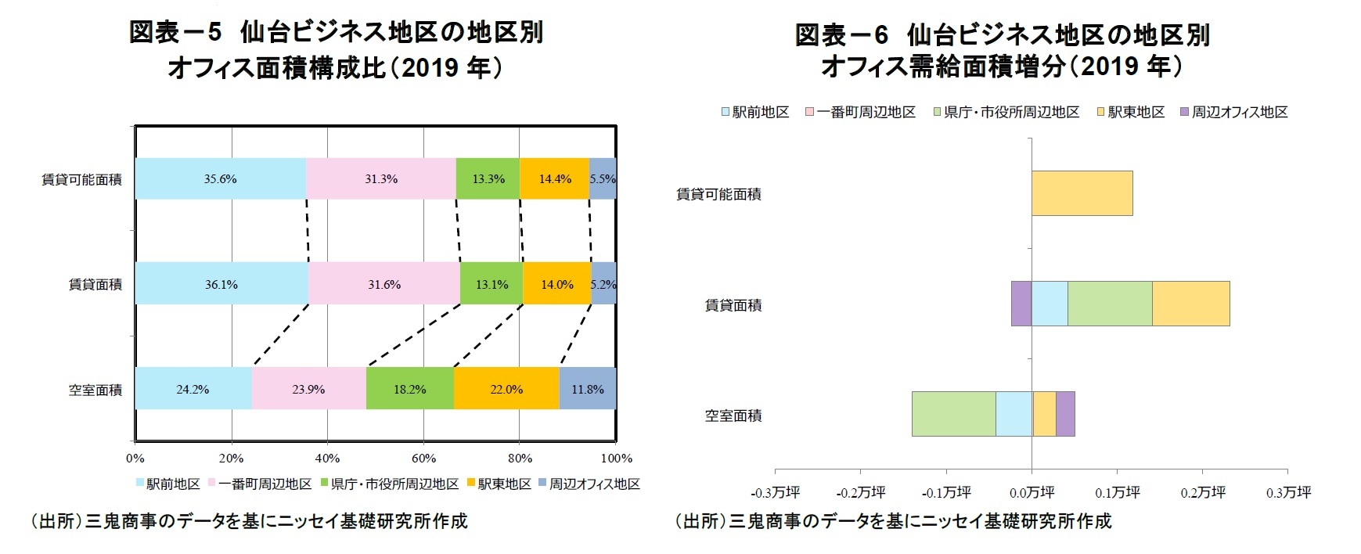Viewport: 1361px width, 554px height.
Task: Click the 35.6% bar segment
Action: pyautogui.click(x=220, y=178)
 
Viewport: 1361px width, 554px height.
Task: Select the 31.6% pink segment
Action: pyautogui.click(x=384, y=284)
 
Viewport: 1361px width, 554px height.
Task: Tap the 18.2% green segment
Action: pyautogui.click(x=409, y=389)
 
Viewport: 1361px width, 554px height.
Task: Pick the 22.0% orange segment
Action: pyautogui.click(x=506, y=389)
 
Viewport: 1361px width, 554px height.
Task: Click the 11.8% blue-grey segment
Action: pyautogui.click(x=588, y=389)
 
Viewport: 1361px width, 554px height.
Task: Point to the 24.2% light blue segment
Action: pyautogui.click(x=193, y=389)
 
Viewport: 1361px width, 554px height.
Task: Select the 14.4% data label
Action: pyautogui.click(x=555, y=179)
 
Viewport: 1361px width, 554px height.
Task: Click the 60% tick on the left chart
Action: pyautogui.click(x=423, y=459)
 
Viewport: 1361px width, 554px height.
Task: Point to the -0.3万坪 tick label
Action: pyautogui.click(x=776, y=493)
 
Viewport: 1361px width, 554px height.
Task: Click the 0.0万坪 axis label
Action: pyautogui.click(x=1032, y=493)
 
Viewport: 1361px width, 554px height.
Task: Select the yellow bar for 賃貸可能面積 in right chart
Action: pyautogui.click(x=1082, y=193)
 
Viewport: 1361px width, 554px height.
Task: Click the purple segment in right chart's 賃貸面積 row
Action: pyautogui.click(x=1021, y=304)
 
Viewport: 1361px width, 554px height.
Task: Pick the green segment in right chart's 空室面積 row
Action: pyautogui.click(x=953, y=414)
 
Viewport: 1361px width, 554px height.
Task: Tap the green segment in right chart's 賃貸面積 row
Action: pyautogui.click(x=1110, y=304)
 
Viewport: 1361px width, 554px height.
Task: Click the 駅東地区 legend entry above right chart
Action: pyautogui.click(x=1131, y=113)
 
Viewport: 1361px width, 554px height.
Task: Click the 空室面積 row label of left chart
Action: pyautogui.click(x=95, y=390)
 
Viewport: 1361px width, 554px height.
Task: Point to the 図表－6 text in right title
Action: pyautogui.click(x=842, y=35)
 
